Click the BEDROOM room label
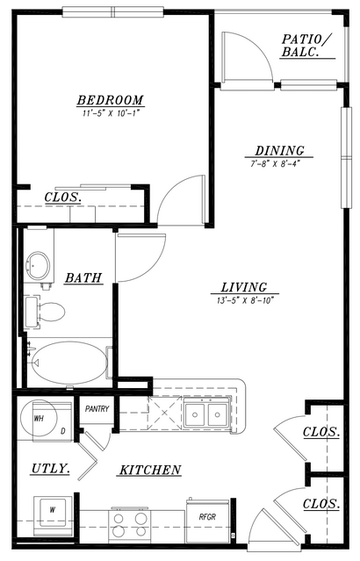point(111,100)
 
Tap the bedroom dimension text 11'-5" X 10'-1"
point(111,113)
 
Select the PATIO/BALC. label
point(307,45)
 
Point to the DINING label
point(279,150)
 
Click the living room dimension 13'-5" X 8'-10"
point(245,300)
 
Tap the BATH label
point(83,277)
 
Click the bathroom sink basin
point(39,266)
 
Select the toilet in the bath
point(45,312)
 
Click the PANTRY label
point(97,408)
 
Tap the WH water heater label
point(39,418)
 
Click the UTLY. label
point(50,468)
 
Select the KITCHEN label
point(149,470)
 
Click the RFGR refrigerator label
point(207,516)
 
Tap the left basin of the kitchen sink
point(195,414)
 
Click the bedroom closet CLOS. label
point(62,198)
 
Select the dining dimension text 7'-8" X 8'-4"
point(275,164)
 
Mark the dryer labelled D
point(53,422)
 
